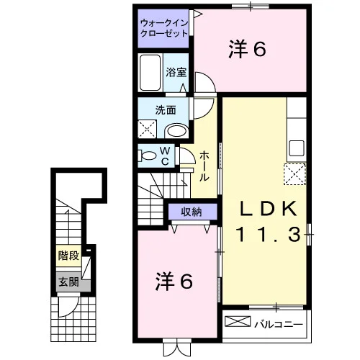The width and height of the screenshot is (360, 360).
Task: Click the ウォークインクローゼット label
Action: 164,28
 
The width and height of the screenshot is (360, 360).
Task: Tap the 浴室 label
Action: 176,72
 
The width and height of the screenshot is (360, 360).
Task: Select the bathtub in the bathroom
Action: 150,73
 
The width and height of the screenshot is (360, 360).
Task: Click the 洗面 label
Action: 166,110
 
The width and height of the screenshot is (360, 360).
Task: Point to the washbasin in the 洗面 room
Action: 177,131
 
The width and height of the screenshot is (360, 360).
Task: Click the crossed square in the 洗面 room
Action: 148,130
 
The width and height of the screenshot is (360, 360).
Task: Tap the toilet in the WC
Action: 147,156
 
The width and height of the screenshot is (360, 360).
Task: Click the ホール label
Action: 204,166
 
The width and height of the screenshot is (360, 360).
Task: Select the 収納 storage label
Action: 192,212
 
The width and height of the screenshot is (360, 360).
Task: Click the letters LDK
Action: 268,209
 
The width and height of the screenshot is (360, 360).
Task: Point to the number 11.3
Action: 269,235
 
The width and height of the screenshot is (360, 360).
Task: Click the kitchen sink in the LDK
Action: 297,148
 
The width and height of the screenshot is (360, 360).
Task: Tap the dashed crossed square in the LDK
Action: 295,174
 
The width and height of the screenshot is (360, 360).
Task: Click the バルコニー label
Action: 279,325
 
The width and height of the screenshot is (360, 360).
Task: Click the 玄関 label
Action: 69,282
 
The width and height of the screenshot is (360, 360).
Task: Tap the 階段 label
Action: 69,256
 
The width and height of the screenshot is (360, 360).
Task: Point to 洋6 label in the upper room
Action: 248,49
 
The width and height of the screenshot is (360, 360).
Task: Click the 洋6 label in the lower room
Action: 174,282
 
